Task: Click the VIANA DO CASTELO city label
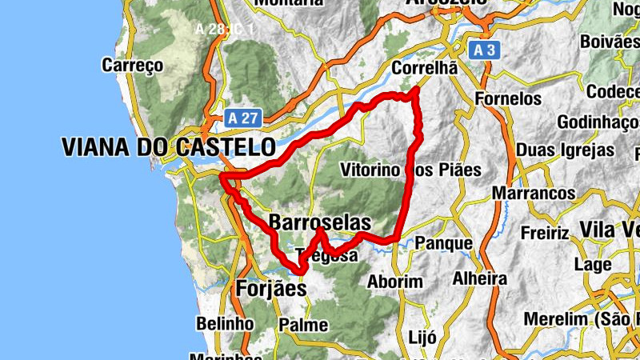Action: pos(168,147)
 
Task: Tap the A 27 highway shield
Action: pos(242,118)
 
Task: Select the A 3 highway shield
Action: pos(483,50)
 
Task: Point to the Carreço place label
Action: pos(133,65)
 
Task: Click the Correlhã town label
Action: pos(424,69)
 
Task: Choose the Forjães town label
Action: pos(271,289)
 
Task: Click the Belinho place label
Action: pos(225,323)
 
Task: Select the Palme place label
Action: pos(303,325)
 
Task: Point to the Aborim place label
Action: pos(394,282)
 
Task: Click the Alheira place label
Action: pos(480,279)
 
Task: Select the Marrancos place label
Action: pos(534,194)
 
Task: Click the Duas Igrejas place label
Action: pos(566,150)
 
